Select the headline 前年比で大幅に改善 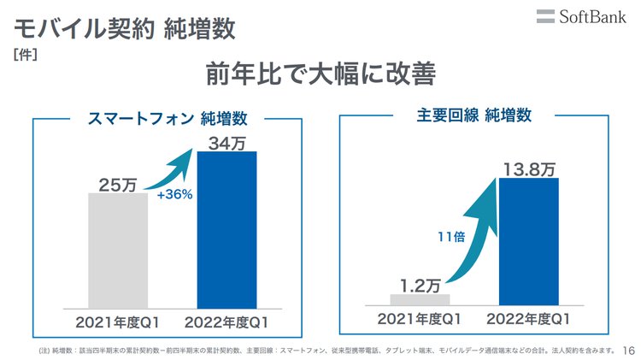[320, 76]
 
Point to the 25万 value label [118, 182]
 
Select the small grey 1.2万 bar [420, 299]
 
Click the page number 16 [629, 350]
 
